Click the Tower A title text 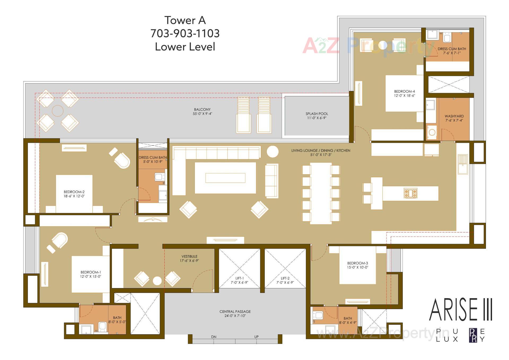tap(185, 20)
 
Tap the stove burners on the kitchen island tap(410, 193)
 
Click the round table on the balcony tap(58, 111)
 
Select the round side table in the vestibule tap(157, 281)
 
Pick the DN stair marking tap(214, 337)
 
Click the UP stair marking tap(256, 337)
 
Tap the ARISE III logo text tap(460, 310)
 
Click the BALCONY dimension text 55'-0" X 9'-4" tap(202, 114)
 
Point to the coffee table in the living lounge tap(225, 178)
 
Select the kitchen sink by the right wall tap(463, 164)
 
